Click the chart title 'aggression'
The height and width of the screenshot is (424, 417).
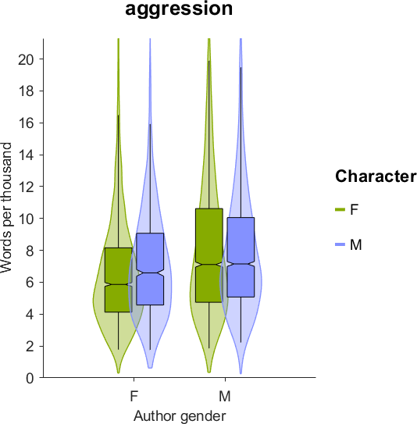pyautogui.click(x=179, y=9)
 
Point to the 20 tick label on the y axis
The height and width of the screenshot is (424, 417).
pyautogui.click(x=26, y=59)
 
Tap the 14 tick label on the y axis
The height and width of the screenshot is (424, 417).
pyautogui.click(x=26, y=155)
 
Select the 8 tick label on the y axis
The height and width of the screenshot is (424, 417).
pyautogui.click(x=30, y=251)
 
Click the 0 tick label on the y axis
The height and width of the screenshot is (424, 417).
pyautogui.click(x=30, y=378)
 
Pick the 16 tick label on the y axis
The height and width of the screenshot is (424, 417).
pyautogui.click(x=26, y=123)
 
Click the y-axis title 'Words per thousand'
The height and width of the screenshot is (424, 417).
pyautogui.click(x=6, y=208)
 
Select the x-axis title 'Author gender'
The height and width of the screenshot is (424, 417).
pyautogui.click(x=180, y=415)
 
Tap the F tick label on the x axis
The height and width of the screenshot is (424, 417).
pyautogui.click(x=134, y=397)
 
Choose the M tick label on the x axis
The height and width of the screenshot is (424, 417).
pyautogui.click(x=225, y=397)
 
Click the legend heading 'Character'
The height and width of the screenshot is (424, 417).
pyautogui.click(x=376, y=176)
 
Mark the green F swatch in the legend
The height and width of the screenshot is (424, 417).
pyautogui.click(x=340, y=209)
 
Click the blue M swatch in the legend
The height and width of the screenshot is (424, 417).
pyautogui.click(x=340, y=244)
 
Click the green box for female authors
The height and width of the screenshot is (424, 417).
pyautogui.click(x=119, y=280)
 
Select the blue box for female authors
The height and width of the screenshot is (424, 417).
pyautogui.click(x=150, y=269)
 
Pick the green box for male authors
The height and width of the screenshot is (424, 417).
pyautogui.click(x=209, y=255)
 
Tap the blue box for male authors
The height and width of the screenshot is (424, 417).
pyautogui.click(x=241, y=257)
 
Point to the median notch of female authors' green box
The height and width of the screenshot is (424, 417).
pyautogui.click(x=119, y=284)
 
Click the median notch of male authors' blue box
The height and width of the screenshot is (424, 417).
pyautogui.click(x=241, y=264)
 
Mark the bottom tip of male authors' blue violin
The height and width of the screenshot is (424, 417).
pyautogui.click(x=241, y=373)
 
